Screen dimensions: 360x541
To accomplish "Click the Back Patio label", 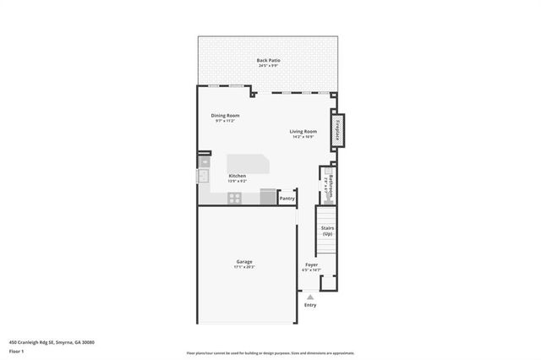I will coord(270,59).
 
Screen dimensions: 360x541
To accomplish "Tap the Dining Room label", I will coord(225,115).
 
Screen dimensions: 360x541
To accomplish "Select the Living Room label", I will coord(303,131).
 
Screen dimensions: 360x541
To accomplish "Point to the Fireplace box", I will coord(337,129).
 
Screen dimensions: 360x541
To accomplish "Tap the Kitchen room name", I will coord(237,176).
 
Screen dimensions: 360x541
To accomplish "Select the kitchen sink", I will coord(203,176).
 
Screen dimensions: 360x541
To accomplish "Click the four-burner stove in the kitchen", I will coord(235,199).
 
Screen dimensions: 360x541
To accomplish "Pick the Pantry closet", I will coord(287,199).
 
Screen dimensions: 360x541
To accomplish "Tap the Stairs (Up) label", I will coord(328,231).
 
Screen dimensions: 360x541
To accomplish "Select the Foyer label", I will coord(311,265).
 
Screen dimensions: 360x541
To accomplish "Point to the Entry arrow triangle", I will coord(310,297).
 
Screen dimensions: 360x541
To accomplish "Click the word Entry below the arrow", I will coord(310,305).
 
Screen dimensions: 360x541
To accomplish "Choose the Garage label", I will coord(244,261).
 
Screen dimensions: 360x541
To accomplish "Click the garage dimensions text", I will coord(244,267).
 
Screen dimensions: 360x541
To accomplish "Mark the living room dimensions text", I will coord(303,137).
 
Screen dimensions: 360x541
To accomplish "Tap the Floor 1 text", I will coord(16,351).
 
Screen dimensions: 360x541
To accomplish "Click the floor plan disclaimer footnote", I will coord(270,353).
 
